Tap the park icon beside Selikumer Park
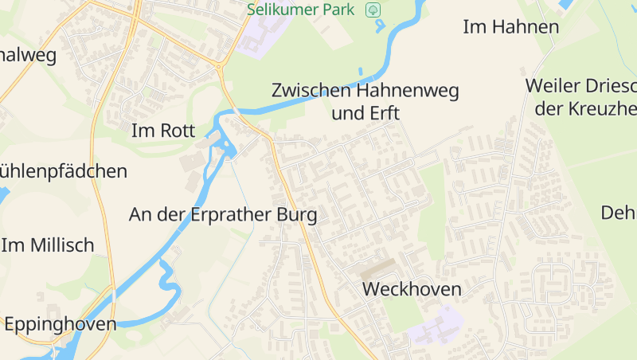[373, 10]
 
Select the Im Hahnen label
[510, 27]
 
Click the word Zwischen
[311, 91]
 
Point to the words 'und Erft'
[365, 113]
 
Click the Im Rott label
[162, 131]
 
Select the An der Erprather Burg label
[223, 215]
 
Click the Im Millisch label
[48, 245]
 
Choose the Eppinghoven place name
[60, 324]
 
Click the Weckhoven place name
[412, 289]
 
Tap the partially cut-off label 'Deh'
[619, 213]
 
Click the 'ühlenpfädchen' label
[64, 170]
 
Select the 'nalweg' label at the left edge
[29, 55]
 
